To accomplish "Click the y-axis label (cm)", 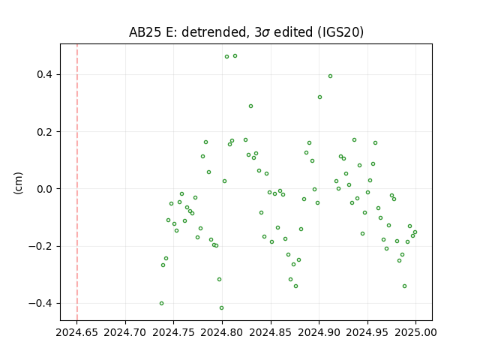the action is click(18, 183).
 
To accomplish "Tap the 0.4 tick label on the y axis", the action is click(45, 75).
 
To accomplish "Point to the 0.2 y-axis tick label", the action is click(45, 132).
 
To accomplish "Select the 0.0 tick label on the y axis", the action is click(45, 189).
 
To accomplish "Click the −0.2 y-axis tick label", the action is click(40, 247).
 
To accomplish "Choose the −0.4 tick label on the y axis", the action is click(40, 304).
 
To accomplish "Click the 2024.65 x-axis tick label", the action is click(76, 332).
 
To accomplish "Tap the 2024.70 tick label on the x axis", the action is click(125, 332).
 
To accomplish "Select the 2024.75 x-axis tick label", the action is click(173, 332).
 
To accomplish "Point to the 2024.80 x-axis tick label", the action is click(222, 332).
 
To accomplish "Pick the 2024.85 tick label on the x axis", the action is click(271, 332).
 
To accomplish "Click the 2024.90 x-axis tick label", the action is click(319, 332).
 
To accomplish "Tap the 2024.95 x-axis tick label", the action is click(367, 332).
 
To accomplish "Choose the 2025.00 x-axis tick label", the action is click(415, 332).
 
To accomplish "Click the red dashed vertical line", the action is click(77, 182).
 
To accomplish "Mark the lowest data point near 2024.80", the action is click(222, 308).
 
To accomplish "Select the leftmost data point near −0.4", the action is click(162, 303).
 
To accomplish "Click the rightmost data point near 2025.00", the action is click(415, 232).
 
